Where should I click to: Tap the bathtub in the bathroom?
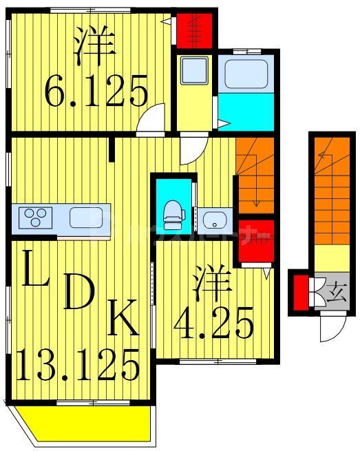(246, 74)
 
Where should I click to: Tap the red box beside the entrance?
(299, 293)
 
